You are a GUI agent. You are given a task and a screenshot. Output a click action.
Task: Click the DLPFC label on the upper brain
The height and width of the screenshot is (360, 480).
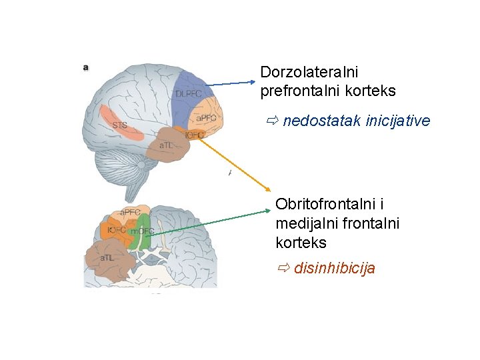click(x=189, y=94)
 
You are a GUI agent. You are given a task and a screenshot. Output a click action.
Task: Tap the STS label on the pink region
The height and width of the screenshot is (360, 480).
click(x=119, y=125)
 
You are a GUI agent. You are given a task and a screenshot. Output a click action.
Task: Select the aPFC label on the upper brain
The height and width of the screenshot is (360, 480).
click(x=205, y=118)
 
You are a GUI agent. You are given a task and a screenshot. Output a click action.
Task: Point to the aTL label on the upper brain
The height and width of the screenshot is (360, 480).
click(x=167, y=145)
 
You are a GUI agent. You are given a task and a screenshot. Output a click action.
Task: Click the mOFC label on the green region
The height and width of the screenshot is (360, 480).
click(x=142, y=231)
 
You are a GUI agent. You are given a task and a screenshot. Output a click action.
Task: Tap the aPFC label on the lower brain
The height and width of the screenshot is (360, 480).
click(x=135, y=213)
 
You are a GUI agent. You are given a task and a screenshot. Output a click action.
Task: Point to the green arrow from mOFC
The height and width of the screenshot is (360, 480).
click(x=207, y=222)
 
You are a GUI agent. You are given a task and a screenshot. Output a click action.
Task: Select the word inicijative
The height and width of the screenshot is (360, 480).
click(x=398, y=121)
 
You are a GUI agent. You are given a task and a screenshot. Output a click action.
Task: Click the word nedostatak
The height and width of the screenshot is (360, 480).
click(x=322, y=121)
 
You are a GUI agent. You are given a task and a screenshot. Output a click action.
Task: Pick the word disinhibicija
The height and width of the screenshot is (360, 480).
click(x=334, y=269)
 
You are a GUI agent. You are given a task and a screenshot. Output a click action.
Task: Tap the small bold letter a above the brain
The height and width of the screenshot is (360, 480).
click(x=86, y=67)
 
